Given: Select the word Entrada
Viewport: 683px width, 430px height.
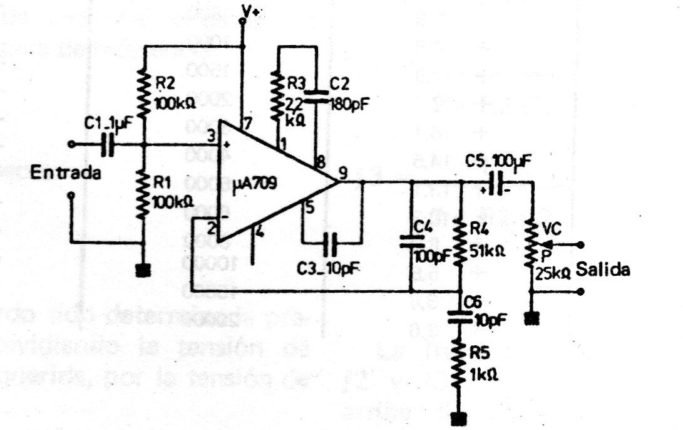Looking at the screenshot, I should [x=66, y=174].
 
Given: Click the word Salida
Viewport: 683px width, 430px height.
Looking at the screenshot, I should [x=603, y=270].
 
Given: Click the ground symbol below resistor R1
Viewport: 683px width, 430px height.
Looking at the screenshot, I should [x=144, y=270].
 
